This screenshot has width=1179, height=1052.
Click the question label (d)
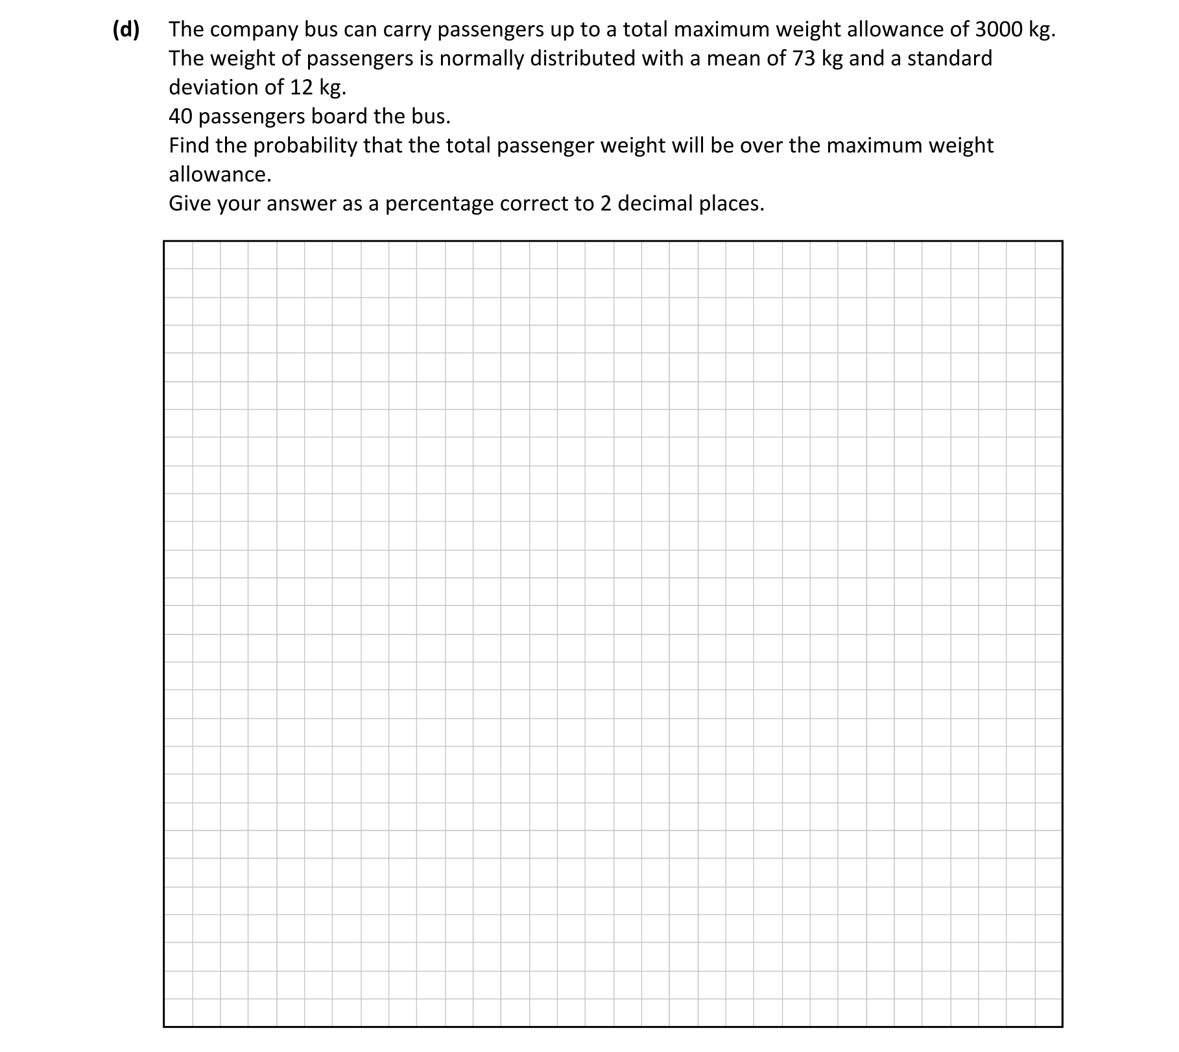click(126, 30)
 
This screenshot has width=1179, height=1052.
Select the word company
click(253, 30)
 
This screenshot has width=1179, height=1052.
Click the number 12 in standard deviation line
click(302, 87)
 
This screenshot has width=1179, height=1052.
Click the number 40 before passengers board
click(180, 117)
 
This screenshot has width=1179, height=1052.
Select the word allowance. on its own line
click(220, 175)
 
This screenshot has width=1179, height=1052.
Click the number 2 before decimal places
click(604, 204)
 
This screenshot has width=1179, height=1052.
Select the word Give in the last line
click(189, 204)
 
